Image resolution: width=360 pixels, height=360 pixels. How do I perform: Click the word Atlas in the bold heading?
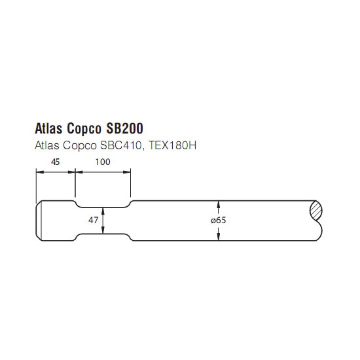pos(48,128)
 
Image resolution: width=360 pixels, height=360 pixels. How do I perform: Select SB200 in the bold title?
pos(124,128)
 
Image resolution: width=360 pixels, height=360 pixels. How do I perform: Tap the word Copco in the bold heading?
pos(84,129)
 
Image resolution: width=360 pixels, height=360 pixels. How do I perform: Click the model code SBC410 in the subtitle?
pos(121,145)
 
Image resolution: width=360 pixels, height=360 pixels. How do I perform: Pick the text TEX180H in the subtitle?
pos(172,145)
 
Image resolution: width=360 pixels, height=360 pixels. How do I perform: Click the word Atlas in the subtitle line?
pos(47,145)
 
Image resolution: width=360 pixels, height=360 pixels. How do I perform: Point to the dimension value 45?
pos(56,162)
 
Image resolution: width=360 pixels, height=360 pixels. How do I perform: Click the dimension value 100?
pos(103,162)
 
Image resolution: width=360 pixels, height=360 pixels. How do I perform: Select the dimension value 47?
pos(93,221)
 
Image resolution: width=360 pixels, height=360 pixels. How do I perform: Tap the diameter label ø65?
pos(219,221)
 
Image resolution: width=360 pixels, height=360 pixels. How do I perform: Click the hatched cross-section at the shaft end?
pos(315,210)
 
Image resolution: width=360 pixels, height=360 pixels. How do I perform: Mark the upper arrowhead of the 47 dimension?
pos(103,211)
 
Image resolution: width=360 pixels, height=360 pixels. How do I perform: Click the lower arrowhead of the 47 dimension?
pos(103,230)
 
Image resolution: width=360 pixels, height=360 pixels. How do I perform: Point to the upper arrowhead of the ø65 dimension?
pos(219,204)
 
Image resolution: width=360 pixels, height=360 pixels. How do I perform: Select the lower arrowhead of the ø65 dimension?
pos(219,237)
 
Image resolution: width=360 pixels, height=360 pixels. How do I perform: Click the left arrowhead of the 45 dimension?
pos(40,172)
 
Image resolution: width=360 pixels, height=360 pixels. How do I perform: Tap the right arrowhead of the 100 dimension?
pos(127,172)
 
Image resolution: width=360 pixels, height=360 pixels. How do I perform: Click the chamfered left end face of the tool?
pos(39,221)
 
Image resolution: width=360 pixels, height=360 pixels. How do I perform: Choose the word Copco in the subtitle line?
pos(80,146)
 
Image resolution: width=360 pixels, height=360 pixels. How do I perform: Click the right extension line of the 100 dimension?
pos(131,183)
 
